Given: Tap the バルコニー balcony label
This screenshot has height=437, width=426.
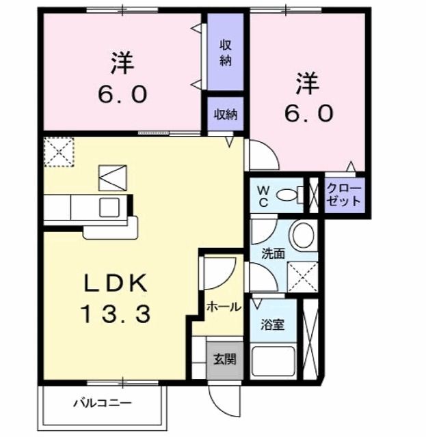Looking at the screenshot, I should click(x=102, y=404).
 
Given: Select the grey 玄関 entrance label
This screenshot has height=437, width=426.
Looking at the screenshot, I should click(x=224, y=358).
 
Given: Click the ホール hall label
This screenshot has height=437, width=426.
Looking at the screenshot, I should click(x=224, y=307).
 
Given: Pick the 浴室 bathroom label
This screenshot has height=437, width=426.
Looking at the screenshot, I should click(x=274, y=324).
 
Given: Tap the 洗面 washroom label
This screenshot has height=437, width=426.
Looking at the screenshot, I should click(x=273, y=253).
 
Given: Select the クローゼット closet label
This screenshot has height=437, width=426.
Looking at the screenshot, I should click(x=344, y=195).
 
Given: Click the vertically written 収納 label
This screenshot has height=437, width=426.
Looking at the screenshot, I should click(x=226, y=53).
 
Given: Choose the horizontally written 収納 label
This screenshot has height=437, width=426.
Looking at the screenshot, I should click(x=226, y=114).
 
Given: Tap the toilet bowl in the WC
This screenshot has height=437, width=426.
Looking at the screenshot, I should click(x=290, y=195).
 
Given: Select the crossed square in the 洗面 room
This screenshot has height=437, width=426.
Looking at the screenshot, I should click(x=302, y=277).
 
